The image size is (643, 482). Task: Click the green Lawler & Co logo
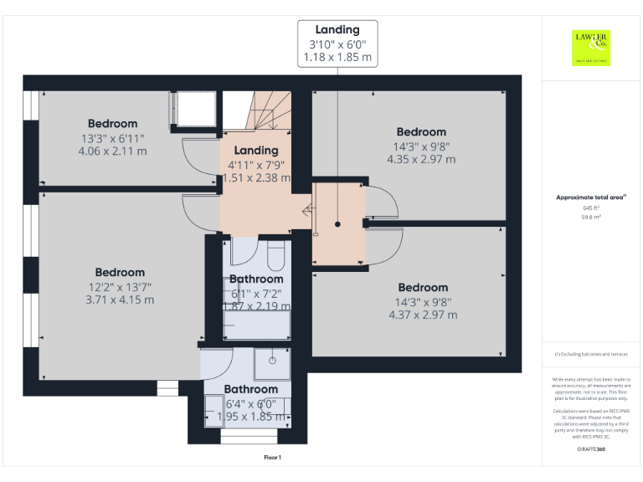592,48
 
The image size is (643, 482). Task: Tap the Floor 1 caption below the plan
273,457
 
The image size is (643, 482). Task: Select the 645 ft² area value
591,208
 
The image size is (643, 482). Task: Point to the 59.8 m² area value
591,216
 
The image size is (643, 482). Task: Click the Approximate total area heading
591,197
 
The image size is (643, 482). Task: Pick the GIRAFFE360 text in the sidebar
591,449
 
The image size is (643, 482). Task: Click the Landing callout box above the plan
337,44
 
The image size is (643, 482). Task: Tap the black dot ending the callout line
337,224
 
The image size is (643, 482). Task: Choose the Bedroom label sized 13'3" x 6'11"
112,124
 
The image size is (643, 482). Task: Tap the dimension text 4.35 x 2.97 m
421,159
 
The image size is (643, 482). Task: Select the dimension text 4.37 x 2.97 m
423,315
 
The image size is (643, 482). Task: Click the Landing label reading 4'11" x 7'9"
255,151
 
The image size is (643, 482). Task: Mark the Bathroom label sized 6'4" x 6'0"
250,389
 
